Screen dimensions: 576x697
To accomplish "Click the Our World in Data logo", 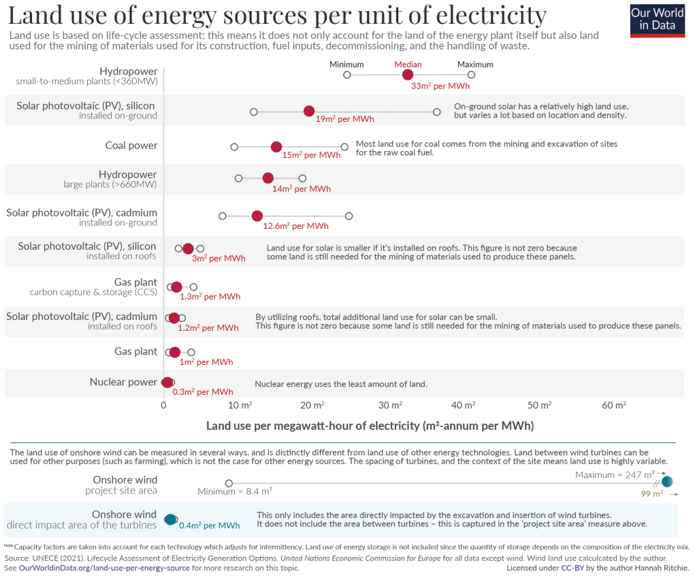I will [x=657, y=20].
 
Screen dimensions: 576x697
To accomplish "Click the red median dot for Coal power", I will [x=276, y=147].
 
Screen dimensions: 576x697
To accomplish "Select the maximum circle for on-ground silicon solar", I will [x=436, y=112].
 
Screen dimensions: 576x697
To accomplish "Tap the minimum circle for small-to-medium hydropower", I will [x=347, y=75].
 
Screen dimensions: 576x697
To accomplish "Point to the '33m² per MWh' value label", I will [x=440, y=86].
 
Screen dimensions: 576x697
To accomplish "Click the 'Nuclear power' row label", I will [x=123, y=382].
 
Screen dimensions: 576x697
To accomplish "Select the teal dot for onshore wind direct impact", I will [x=171, y=521].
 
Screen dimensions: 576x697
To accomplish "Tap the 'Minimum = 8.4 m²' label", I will [x=235, y=490].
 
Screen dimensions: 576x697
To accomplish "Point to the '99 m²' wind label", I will [x=652, y=494].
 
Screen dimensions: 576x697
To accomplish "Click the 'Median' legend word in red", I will [x=408, y=65].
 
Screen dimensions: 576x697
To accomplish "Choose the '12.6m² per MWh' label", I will [x=301, y=226].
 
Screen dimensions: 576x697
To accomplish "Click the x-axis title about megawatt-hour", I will [x=370, y=426].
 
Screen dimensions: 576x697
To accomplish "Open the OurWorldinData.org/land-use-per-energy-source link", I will [x=104, y=567].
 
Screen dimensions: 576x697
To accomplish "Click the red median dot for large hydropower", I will [x=268, y=178].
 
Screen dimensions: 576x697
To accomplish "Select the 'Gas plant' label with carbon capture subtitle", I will [x=135, y=282].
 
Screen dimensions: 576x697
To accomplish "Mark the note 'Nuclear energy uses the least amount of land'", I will [x=341, y=384].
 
